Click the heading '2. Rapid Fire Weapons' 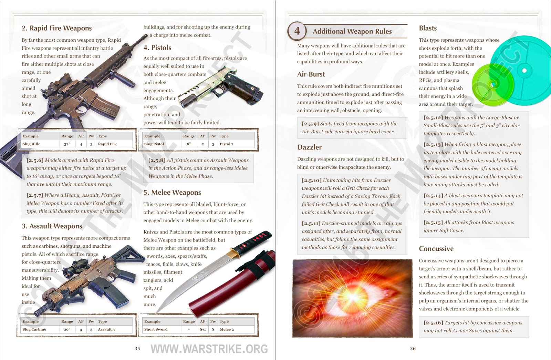tap(56, 28)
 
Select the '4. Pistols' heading tap(157, 48)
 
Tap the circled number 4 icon tap(297, 31)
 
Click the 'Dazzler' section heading tap(309, 147)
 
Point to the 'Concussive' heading tap(436, 249)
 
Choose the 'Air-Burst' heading tap(311, 74)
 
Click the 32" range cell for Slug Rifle tap(67, 144)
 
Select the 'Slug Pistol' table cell tap(154, 144)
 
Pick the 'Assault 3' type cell tap(106, 329)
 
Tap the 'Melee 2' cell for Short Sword tap(227, 329)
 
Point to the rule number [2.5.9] tap(310, 124)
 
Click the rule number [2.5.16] tap(433, 323)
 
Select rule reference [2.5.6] tap(35, 160)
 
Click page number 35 tap(137, 349)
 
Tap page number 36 tap(413, 349)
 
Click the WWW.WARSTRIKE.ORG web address tap(209, 349)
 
